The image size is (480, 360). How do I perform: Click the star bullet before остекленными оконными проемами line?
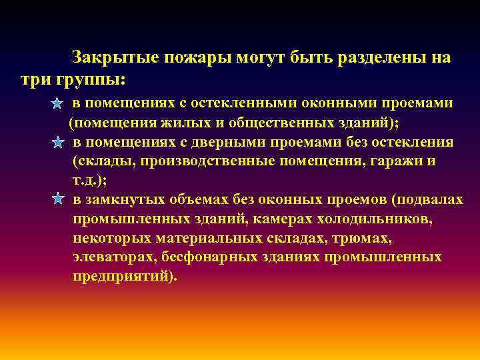[x=58, y=104]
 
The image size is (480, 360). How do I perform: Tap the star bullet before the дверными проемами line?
[x=58, y=143]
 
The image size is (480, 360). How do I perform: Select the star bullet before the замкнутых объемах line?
[x=58, y=199]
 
